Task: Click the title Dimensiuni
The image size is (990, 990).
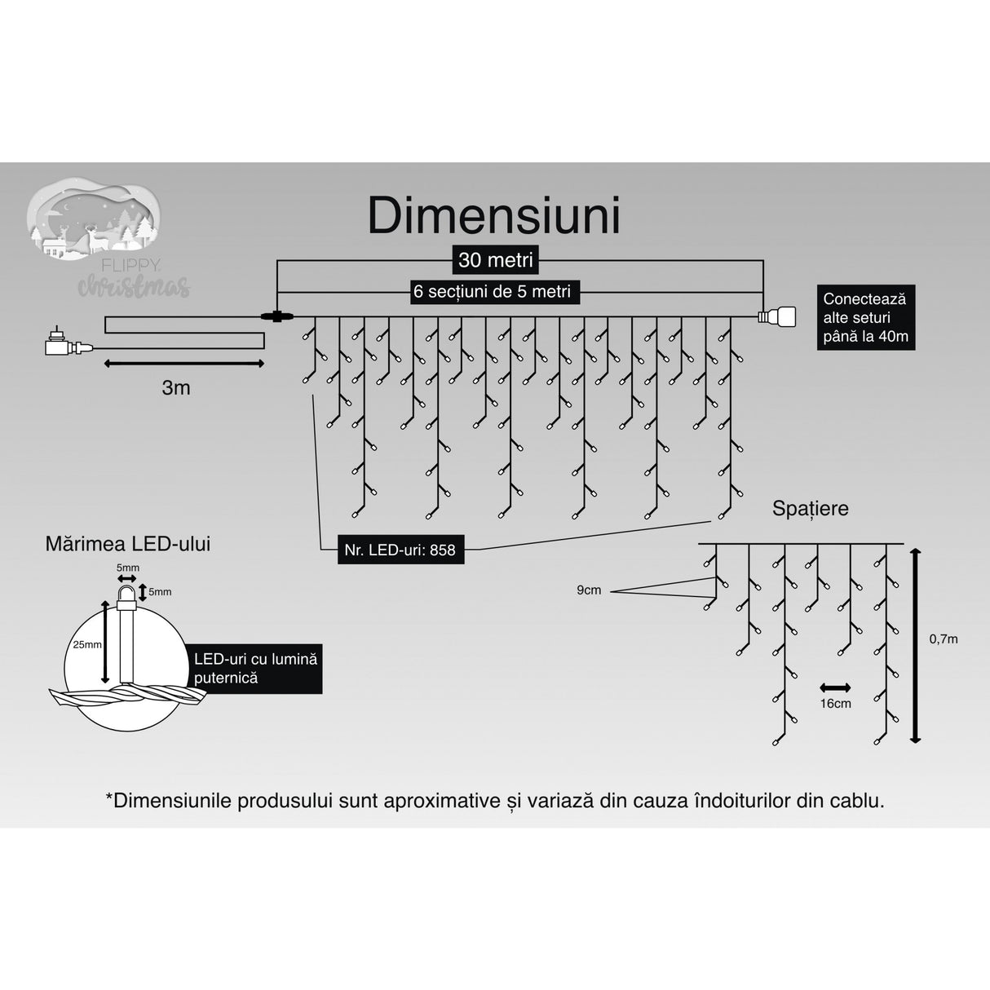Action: [x=494, y=215]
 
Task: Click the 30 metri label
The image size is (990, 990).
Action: [x=495, y=260]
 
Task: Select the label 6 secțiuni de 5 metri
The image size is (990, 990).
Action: [x=493, y=291]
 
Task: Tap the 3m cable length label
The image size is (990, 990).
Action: [x=175, y=388]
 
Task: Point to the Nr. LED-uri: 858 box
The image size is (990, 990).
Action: [x=400, y=550]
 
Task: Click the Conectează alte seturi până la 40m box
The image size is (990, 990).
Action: [x=865, y=318]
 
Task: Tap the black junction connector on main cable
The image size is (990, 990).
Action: [x=276, y=316]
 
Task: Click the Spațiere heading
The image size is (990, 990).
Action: [x=810, y=508]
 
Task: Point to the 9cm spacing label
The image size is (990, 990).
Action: [x=589, y=590]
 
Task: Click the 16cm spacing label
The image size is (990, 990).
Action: [x=835, y=704]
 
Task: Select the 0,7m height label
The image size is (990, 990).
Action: [x=944, y=639]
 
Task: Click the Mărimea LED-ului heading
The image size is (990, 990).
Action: [x=128, y=544]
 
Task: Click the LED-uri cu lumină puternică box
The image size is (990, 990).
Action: [x=256, y=668]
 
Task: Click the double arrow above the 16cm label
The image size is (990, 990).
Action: [x=835, y=687]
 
